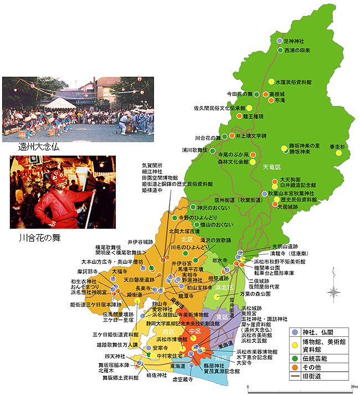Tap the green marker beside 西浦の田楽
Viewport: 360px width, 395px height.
pos(280,50)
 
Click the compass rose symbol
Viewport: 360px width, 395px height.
pos(334,291)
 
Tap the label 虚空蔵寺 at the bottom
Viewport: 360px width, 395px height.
pos(182,380)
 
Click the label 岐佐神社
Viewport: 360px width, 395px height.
pos(156,375)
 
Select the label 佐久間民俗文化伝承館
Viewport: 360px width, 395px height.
pos(219,108)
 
